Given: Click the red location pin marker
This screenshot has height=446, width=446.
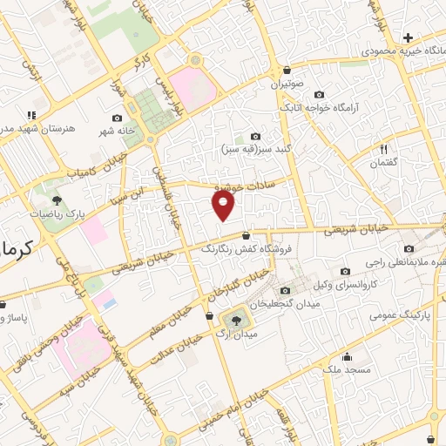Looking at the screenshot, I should (x=225, y=206).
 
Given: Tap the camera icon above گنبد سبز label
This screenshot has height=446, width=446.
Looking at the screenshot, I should (x=255, y=136).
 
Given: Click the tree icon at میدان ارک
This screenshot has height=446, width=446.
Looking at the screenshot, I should (x=235, y=321).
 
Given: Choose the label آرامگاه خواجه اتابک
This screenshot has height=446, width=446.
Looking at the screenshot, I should (x=319, y=109).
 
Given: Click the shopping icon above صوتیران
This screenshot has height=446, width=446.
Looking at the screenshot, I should (x=287, y=70).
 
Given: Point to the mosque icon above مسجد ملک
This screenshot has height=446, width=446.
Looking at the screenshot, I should (x=347, y=355).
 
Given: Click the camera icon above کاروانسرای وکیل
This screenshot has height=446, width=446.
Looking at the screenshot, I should (x=346, y=271).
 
